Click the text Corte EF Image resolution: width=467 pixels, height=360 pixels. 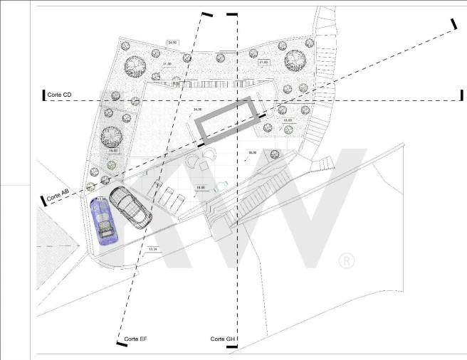(x=135, y=339)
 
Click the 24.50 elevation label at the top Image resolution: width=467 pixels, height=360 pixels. (x=172, y=43)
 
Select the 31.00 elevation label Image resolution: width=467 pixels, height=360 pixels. (x=168, y=65)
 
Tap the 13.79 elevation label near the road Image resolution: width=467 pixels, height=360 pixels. (x=153, y=250)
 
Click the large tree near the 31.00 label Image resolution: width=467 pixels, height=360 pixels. (x=136, y=66)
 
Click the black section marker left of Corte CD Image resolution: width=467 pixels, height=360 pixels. (x=44, y=95)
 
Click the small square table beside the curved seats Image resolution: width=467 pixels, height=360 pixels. (x=204, y=165)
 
